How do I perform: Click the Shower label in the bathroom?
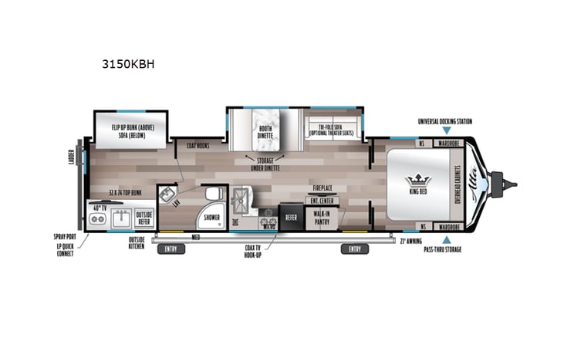click(x=211, y=218)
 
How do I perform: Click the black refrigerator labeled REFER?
click(x=291, y=218)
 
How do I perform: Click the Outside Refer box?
click(x=144, y=218)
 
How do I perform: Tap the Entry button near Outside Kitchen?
click(x=170, y=249)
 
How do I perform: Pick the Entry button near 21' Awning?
click(x=354, y=249)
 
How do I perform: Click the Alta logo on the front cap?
click(x=472, y=183)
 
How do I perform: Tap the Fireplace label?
click(x=322, y=188)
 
